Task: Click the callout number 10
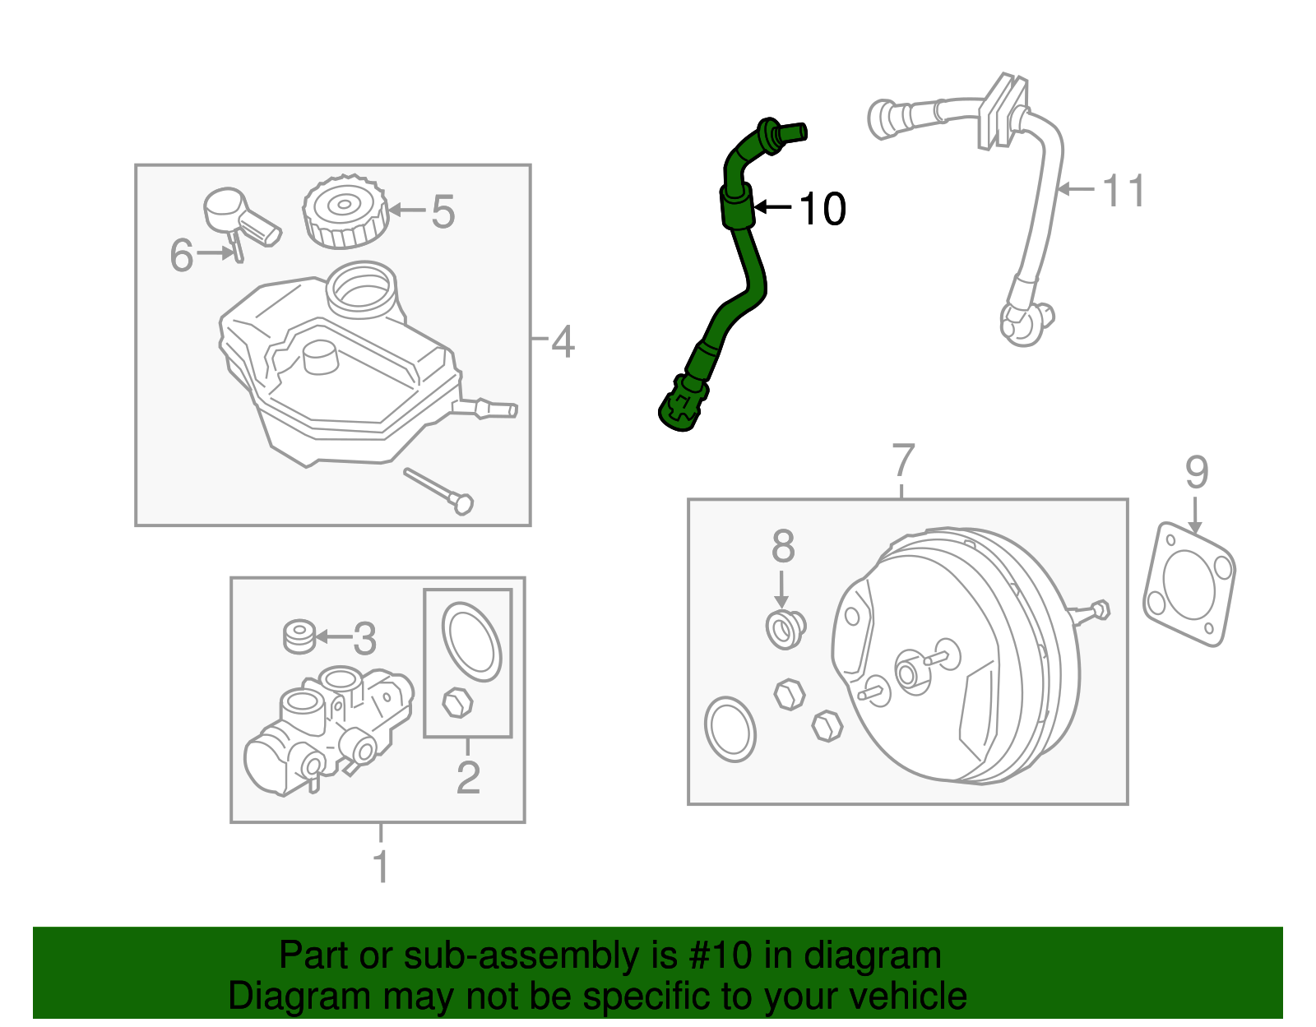[x=822, y=209]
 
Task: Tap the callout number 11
[x=1123, y=191]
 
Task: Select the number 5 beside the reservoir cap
[x=443, y=212]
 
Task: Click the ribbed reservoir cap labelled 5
[x=345, y=211]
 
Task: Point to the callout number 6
[x=182, y=255]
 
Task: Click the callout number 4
[x=563, y=341]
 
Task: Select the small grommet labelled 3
[x=299, y=636]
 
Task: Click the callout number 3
[x=364, y=638]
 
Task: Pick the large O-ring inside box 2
[x=471, y=642]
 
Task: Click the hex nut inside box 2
[x=457, y=703]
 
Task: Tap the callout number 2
[x=468, y=777]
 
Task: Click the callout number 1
[x=381, y=867]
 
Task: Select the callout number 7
[x=903, y=460]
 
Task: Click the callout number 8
[x=783, y=546]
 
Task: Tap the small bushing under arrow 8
[x=785, y=630]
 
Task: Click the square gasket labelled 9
[x=1189, y=583]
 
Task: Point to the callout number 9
[x=1197, y=473]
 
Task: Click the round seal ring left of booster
[x=730, y=729]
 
